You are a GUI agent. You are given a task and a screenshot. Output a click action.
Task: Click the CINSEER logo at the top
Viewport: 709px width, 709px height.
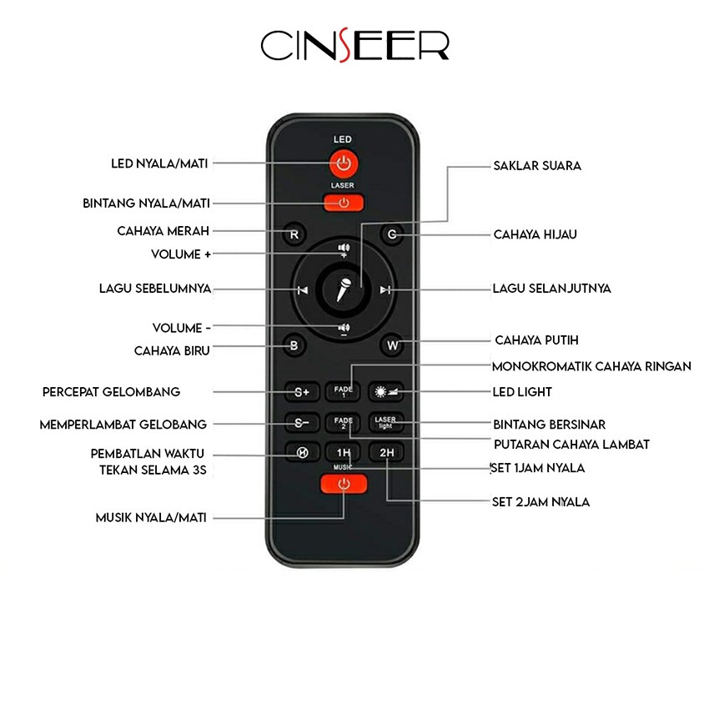point(354,46)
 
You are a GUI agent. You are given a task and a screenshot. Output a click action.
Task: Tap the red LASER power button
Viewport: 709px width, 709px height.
point(343,202)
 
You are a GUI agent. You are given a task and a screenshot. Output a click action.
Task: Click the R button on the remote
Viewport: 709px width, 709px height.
point(294,234)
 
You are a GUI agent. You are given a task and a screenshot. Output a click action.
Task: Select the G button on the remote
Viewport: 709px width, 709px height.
point(391,234)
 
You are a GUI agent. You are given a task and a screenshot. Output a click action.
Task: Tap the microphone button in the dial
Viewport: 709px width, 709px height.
point(343,289)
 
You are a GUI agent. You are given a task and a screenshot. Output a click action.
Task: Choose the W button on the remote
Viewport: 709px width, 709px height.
point(391,344)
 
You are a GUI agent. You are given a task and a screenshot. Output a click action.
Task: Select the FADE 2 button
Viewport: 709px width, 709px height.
point(344,423)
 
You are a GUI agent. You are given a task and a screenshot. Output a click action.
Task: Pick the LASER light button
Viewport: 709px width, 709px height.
point(385,423)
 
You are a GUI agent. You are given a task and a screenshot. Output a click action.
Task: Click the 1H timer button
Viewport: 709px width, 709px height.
point(344,454)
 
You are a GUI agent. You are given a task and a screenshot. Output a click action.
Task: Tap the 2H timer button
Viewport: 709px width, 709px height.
point(385,454)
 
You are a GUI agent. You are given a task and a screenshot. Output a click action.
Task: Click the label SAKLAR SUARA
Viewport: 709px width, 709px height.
point(537,166)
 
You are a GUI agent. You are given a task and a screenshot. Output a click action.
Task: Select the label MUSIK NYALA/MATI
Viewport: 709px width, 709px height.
point(150,517)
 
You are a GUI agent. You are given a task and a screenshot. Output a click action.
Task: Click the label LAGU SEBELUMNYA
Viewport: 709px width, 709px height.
point(154,289)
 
